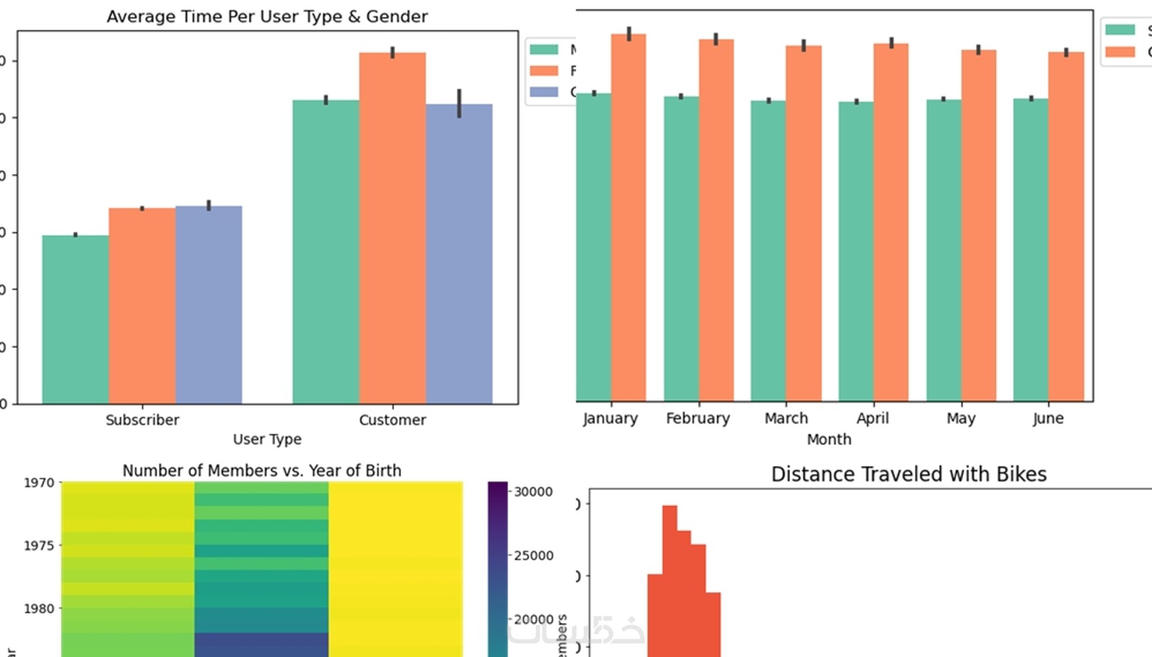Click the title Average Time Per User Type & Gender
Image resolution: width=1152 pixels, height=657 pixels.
pyautogui.click(x=267, y=16)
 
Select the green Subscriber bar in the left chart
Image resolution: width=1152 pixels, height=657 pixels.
pyautogui.click(x=75, y=319)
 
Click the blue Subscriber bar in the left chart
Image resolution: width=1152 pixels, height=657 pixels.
pyautogui.click(x=209, y=305)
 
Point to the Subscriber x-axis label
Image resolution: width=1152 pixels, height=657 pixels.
pyautogui.click(x=142, y=420)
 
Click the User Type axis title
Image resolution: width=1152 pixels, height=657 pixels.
pyautogui.click(x=267, y=439)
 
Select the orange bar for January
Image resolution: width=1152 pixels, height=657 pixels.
pyautogui.click(x=628, y=217)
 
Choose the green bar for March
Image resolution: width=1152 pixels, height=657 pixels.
pyautogui.click(x=768, y=251)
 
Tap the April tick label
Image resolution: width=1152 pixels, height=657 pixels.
pyautogui.click(x=872, y=418)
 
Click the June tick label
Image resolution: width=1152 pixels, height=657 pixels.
pyautogui.click(x=1048, y=418)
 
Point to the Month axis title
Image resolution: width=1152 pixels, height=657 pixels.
pyautogui.click(x=829, y=439)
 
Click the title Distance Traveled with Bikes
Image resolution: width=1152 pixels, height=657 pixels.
pyautogui.click(x=909, y=474)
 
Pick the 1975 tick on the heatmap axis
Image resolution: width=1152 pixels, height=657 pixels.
pyautogui.click(x=39, y=545)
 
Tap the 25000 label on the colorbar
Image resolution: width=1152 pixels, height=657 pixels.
pyautogui.click(x=533, y=555)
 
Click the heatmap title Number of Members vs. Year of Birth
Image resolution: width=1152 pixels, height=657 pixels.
pyautogui.click(x=262, y=470)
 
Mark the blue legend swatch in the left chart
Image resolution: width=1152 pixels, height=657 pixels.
pyautogui.click(x=543, y=91)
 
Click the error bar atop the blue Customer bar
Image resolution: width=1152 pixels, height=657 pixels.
pyautogui.click(x=459, y=103)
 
